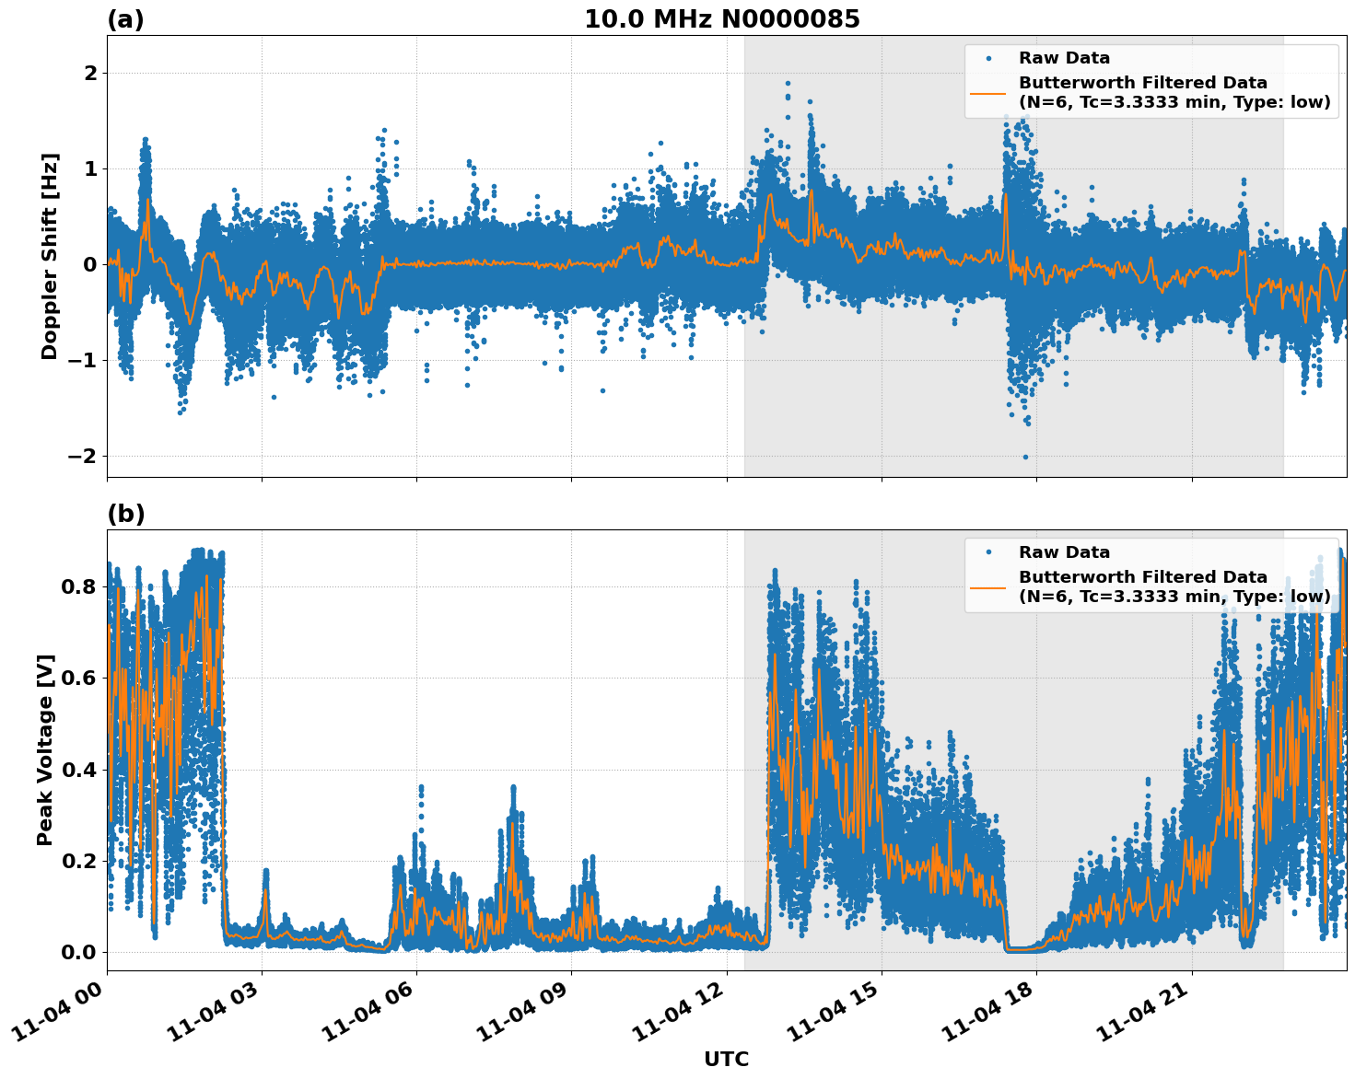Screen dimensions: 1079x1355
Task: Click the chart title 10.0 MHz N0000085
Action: coord(721,19)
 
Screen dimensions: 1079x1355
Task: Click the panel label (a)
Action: coord(125,19)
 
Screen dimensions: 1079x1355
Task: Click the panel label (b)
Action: coord(125,514)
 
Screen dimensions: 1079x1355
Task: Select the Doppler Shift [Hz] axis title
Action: coord(50,256)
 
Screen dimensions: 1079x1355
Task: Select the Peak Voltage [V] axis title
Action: coord(45,749)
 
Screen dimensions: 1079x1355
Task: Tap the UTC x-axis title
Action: coord(726,1059)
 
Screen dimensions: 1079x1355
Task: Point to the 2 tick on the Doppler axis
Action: coord(90,73)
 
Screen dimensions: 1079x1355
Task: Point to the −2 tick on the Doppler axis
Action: coord(83,456)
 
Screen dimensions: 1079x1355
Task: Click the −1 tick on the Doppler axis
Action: coord(83,360)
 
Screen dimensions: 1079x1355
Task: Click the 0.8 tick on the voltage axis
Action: coord(78,586)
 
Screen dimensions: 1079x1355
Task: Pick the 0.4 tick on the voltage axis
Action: coord(78,770)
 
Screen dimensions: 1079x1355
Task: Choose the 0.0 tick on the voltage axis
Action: coord(78,952)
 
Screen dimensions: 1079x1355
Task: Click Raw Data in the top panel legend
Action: coord(1064,58)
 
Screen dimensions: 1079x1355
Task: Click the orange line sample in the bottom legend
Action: coord(987,586)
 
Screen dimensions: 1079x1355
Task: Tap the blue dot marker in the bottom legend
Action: coord(987,552)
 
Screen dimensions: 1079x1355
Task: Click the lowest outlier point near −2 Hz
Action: coord(1025,457)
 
